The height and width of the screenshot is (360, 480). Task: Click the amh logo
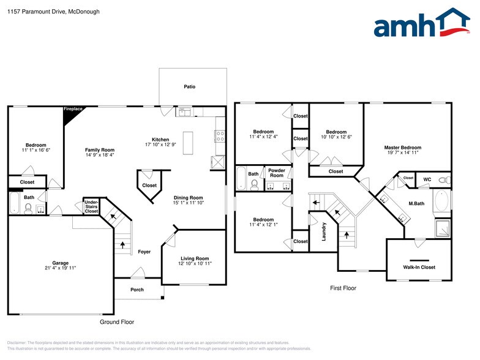point(422,22)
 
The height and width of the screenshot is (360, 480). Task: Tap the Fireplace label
point(73,109)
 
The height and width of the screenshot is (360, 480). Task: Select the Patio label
point(190,87)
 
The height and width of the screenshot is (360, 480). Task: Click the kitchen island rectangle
point(188,143)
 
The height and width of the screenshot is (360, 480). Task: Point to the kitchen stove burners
point(220,136)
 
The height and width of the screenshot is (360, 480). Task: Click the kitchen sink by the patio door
point(184,111)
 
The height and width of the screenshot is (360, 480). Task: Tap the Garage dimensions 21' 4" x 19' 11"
point(60,268)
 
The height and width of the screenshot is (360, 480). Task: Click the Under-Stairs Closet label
point(91,207)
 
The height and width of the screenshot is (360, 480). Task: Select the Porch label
point(137,290)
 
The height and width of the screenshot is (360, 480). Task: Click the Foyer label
point(144,252)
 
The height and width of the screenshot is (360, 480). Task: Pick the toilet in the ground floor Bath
point(28,208)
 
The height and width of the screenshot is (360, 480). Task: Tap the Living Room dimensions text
point(195,263)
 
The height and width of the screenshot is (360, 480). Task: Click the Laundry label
point(324,231)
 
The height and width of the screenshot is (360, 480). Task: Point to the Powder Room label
point(277,173)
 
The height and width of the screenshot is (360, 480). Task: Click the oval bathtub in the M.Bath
point(442,201)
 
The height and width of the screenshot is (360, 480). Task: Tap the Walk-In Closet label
point(419,267)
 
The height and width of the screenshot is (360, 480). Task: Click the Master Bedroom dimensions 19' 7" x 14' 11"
point(403,152)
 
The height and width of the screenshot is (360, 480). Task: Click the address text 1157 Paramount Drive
point(36,12)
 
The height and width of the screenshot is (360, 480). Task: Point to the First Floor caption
point(343,288)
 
